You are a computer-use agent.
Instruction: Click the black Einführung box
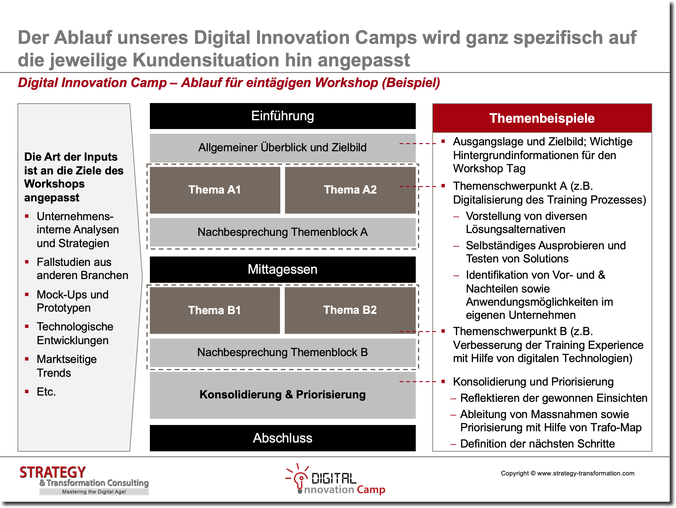coord(283,116)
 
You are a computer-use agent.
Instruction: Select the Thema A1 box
coord(215,190)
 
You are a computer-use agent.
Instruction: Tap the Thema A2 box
coord(350,190)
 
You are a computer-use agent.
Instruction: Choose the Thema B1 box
coord(215,310)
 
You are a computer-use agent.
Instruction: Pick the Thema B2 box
coord(350,310)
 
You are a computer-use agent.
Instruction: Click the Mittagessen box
coord(283,269)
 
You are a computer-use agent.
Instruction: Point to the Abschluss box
coord(283,438)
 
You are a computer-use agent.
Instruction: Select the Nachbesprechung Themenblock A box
coord(283,232)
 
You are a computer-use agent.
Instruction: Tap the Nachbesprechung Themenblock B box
coord(283,352)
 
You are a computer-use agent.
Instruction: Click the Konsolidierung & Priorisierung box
coord(283,395)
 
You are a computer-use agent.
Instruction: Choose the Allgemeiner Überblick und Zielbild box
coord(283,148)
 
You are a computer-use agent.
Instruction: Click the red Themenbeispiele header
coord(542,118)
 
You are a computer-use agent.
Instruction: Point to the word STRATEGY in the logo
coord(53,472)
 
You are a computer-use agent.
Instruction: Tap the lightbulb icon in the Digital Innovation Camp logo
coord(300,478)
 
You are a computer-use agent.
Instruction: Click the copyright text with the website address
coord(568,473)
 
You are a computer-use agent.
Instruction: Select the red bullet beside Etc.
coord(27,391)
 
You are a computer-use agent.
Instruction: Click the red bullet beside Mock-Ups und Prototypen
coord(27,294)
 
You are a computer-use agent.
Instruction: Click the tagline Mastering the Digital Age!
coord(94,492)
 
